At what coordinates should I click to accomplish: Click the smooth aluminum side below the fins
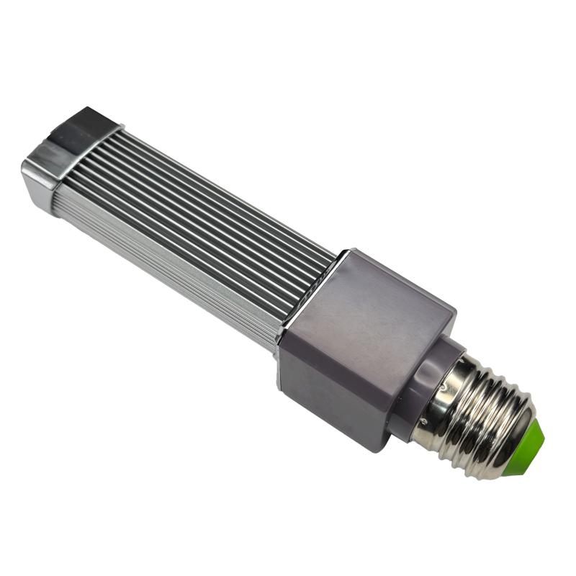(x=180, y=259)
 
